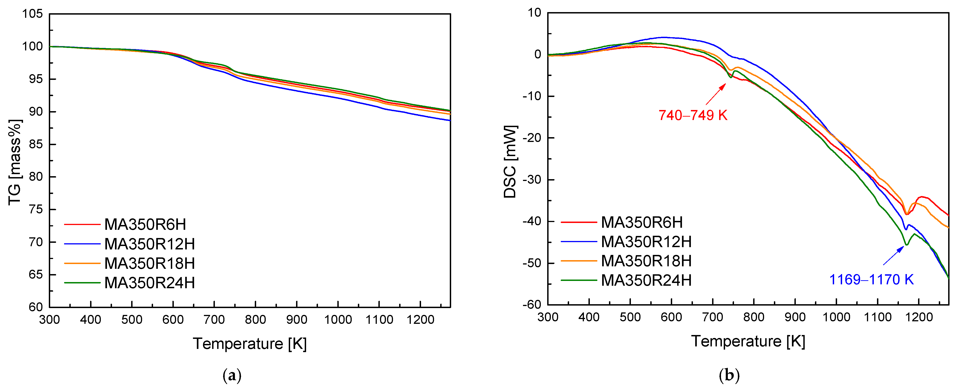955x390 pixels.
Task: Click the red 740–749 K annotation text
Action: click(x=692, y=115)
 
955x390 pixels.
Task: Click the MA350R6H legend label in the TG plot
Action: click(x=145, y=225)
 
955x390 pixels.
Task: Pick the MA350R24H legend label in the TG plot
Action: click(x=149, y=283)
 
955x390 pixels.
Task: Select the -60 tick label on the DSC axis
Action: click(x=532, y=305)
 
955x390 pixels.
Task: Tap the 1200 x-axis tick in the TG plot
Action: click(x=420, y=319)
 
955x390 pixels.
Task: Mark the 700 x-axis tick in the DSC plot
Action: click(x=713, y=317)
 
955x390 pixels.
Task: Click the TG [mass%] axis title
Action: click(x=15, y=162)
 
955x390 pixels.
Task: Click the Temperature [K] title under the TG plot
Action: click(x=250, y=344)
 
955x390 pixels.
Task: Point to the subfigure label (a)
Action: click(x=232, y=376)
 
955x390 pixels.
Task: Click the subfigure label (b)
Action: click(x=729, y=376)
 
